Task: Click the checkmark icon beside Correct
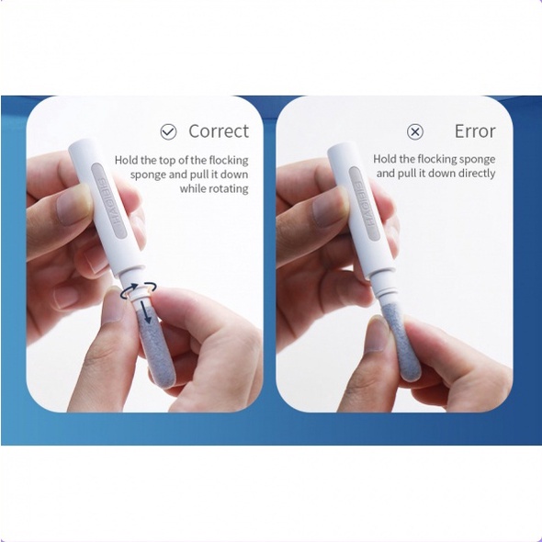(x=168, y=131)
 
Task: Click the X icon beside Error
(x=415, y=131)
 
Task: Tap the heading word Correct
(x=219, y=131)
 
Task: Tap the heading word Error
(x=475, y=131)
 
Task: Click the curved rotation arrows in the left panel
(x=139, y=289)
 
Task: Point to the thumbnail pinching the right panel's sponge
(x=378, y=334)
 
